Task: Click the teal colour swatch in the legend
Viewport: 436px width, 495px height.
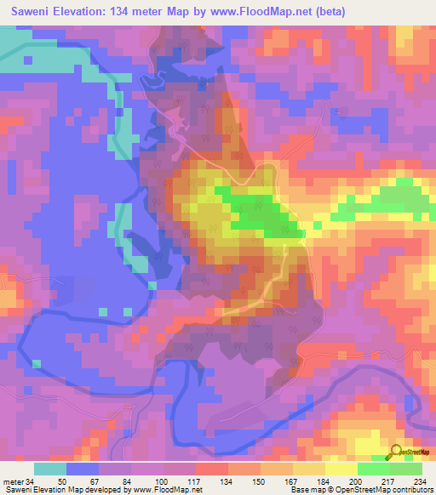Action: coord(50,469)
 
